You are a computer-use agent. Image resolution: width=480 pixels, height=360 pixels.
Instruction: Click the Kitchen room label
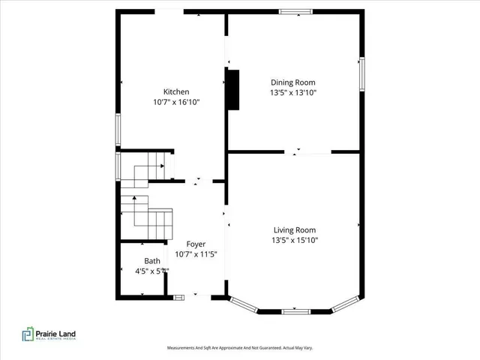pos(176,92)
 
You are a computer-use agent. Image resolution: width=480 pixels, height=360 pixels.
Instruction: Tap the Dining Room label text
pos(293,82)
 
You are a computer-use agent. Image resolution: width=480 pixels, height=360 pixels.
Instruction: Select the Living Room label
pos(294,230)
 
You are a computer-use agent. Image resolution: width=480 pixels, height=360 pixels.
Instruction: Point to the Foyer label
pos(195,244)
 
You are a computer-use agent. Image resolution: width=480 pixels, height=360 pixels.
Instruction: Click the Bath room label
pos(152,261)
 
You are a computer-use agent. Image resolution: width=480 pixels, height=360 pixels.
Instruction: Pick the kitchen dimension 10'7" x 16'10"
pos(177,103)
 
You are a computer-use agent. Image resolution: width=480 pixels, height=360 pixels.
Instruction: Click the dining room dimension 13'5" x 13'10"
pos(293,93)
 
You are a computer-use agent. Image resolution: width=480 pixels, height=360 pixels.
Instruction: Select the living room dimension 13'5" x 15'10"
pos(294,241)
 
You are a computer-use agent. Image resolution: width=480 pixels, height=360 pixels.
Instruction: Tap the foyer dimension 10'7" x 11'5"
pos(195,255)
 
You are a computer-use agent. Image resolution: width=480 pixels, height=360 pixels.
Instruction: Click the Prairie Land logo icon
pos(27,334)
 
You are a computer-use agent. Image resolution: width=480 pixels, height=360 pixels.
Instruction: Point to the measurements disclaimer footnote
pos(239,348)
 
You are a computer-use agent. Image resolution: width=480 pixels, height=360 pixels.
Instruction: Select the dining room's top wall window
pos(295,11)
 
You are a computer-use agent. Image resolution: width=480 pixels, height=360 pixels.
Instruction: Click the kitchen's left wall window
pos(117,129)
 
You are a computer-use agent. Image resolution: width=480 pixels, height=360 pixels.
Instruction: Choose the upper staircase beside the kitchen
pos(145,169)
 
